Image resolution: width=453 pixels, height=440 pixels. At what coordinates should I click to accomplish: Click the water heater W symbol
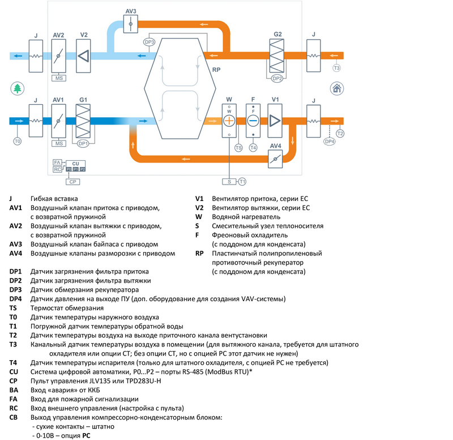(x=229, y=120)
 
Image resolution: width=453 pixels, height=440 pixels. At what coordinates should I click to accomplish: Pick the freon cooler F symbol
(x=253, y=120)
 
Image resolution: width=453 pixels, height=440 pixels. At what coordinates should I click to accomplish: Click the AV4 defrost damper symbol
(x=275, y=159)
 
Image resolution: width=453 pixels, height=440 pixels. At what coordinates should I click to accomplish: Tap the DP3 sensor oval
(x=149, y=42)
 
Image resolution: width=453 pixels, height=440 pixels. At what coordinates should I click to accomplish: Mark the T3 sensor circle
(x=336, y=69)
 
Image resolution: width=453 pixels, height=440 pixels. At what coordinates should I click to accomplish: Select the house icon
(x=336, y=88)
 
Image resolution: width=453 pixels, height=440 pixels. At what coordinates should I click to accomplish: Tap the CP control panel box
(x=72, y=182)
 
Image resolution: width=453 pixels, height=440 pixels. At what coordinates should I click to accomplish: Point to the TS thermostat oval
(x=238, y=148)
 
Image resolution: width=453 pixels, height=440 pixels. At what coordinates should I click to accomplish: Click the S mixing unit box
(x=229, y=182)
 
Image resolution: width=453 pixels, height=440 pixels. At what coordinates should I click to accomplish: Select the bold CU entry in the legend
(x=14, y=371)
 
